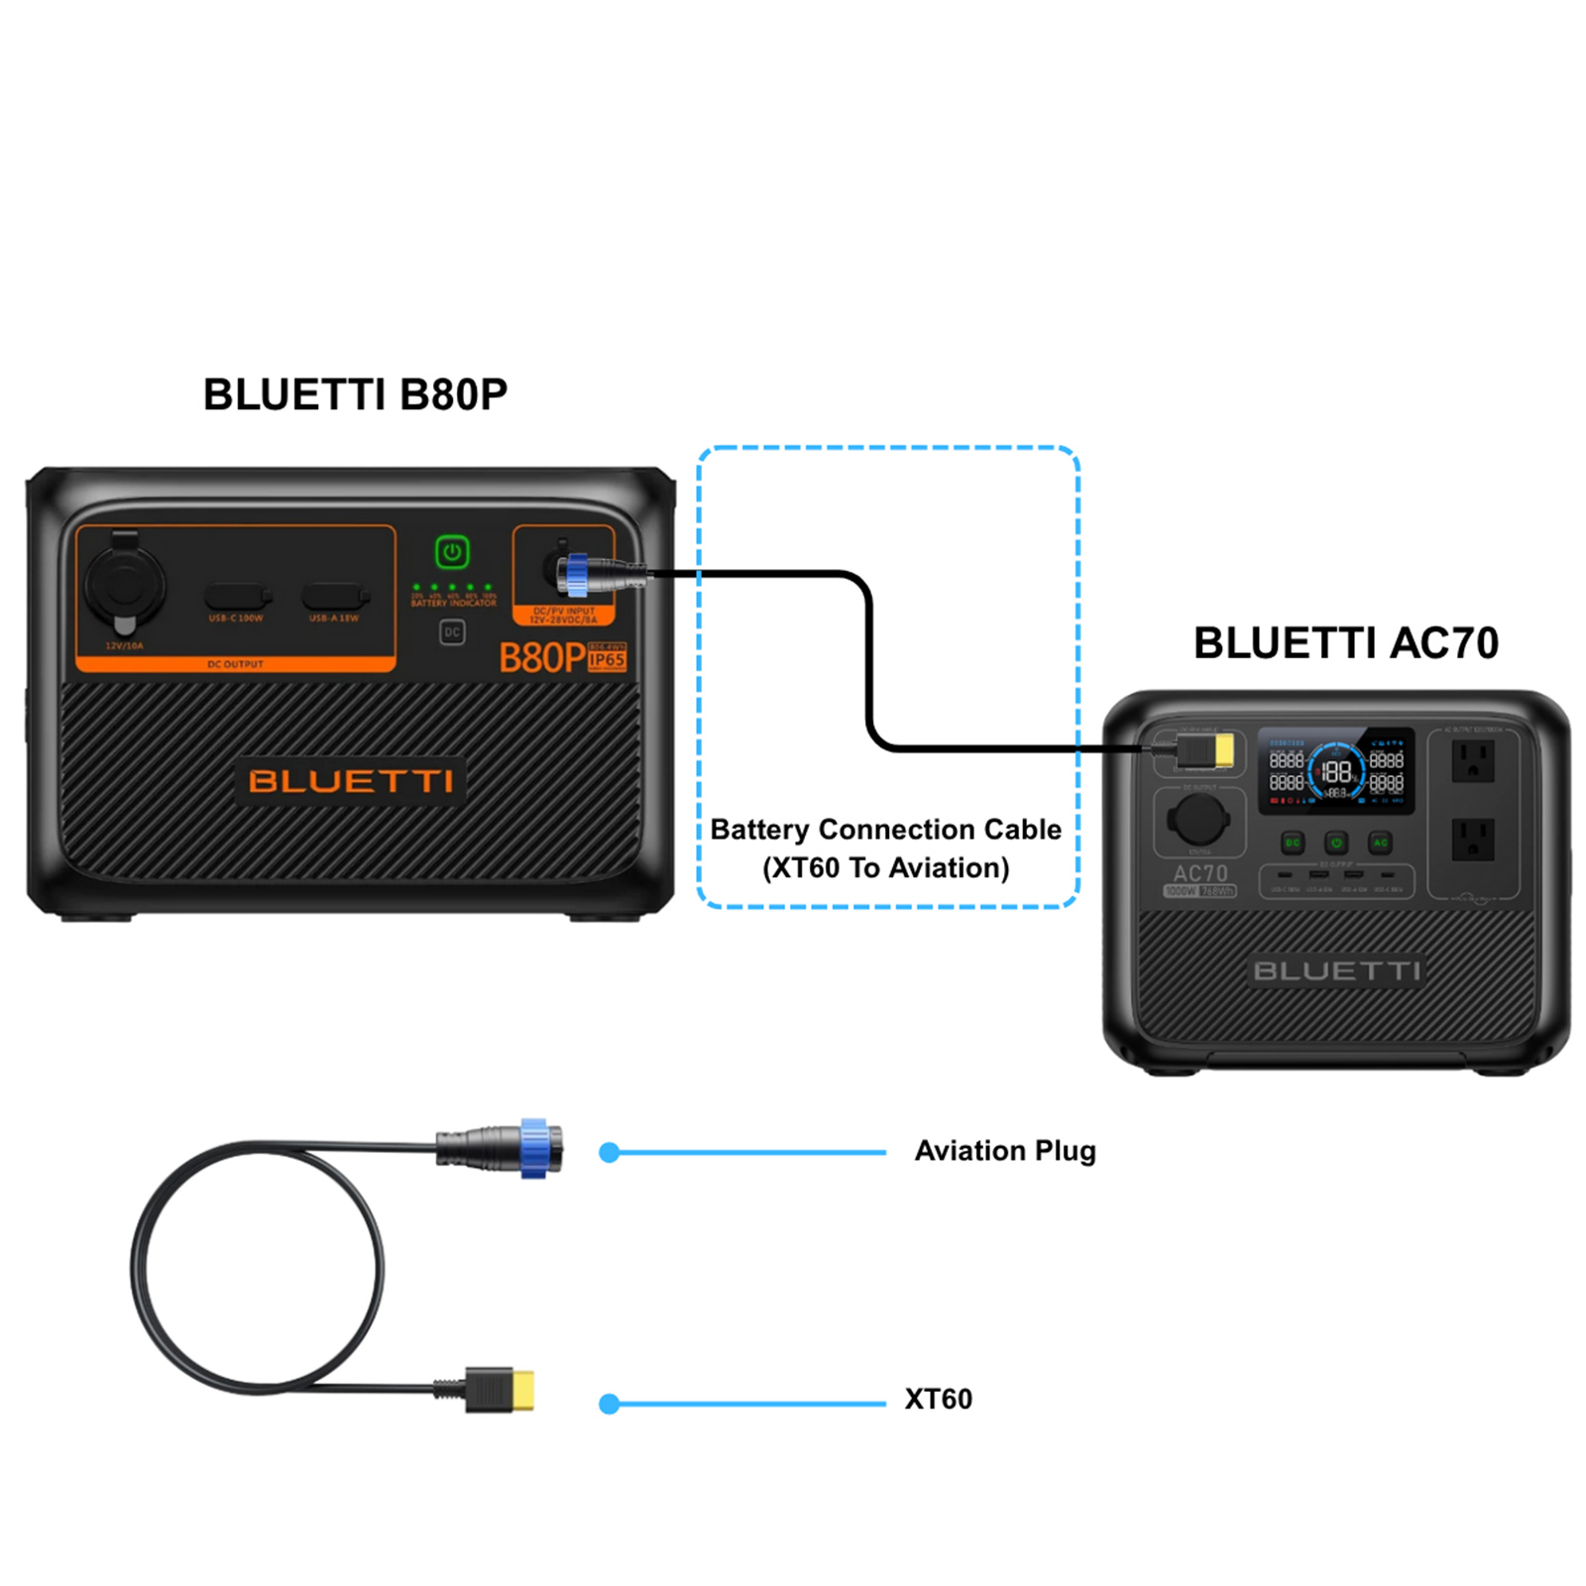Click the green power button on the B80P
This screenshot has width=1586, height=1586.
click(x=452, y=552)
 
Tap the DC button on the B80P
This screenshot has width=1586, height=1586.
click(x=452, y=631)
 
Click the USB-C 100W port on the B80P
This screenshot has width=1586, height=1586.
click(x=236, y=597)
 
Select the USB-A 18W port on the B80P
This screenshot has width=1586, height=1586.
click(x=334, y=597)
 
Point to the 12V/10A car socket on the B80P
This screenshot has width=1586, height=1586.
click(x=124, y=585)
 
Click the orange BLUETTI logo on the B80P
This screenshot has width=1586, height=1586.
click(x=351, y=781)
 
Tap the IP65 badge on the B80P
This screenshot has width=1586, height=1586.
click(x=607, y=659)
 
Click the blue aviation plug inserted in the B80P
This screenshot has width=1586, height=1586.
click(x=575, y=574)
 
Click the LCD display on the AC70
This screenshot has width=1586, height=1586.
click(x=1336, y=771)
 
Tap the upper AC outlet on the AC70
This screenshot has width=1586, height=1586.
click(x=1473, y=761)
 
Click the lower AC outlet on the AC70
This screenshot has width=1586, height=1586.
click(x=1473, y=839)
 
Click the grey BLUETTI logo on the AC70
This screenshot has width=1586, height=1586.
click(x=1336, y=970)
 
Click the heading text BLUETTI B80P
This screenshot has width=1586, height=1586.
click(x=355, y=395)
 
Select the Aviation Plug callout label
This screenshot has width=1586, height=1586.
click(x=1004, y=1151)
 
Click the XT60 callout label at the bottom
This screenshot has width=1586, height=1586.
click(x=938, y=1399)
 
